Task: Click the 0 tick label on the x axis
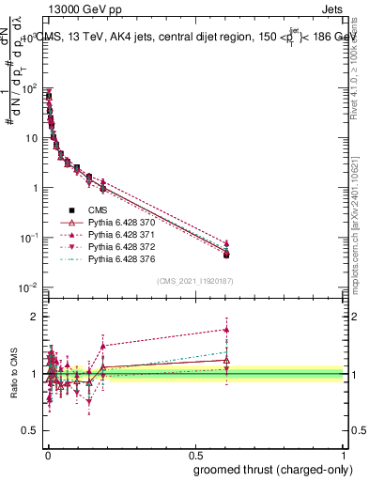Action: tap(46, 453)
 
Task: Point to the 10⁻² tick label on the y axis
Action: tap(28, 287)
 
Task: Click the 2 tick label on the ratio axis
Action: tap(36, 317)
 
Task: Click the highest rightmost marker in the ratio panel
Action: tap(226, 329)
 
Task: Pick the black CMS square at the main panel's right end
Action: tap(226, 255)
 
